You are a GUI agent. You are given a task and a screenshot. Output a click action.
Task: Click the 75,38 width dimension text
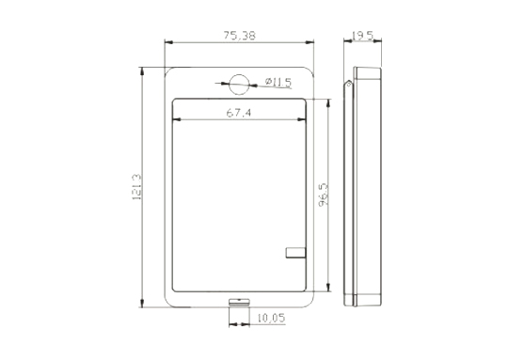pyautogui.click(x=240, y=36)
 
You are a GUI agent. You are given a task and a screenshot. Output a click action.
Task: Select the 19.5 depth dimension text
pyautogui.click(x=362, y=36)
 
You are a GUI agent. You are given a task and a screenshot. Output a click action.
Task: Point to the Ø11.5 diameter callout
pyautogui.click(x=278, y=83)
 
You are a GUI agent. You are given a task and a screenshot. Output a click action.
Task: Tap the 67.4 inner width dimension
pyautogui.click(x=238, y=113)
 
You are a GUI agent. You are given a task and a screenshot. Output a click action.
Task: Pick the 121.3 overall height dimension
pyautogui.click(x=136, y=187)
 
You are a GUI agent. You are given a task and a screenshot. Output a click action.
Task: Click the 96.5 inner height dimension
pyautogui.click(x=323, y=195)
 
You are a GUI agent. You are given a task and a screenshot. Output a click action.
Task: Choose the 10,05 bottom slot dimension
pyautogui.click(x=272, y=319)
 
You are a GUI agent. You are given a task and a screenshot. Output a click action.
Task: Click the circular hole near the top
pyautogui.click(x=239, y=85)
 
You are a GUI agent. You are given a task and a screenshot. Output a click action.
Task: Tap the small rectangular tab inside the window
pyautogui.click(x=295, y=253)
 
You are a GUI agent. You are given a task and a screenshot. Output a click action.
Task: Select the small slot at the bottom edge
pyautogui.click(x=240, y=303)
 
